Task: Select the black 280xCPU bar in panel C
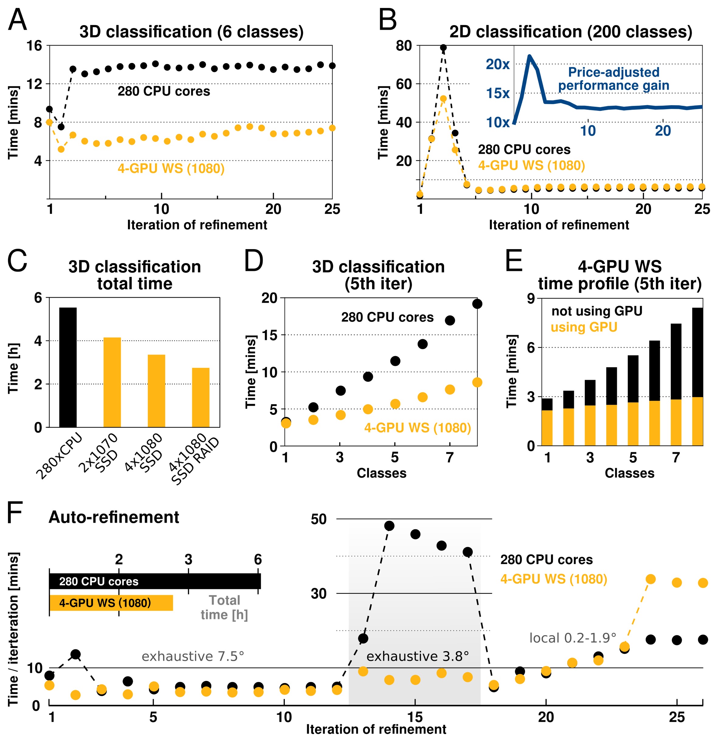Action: [x=68, y=367]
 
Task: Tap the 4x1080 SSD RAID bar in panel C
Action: [x=201, y=397]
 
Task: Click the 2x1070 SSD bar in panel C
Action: [x=112, y=382]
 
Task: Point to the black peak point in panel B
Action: [x=443, y=48]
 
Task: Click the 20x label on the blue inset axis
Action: [x=498, y=64]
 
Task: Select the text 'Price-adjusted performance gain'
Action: [x=613, y=79]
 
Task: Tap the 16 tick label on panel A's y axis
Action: [x=34, y=46]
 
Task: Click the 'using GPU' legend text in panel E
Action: [x=584, y=327]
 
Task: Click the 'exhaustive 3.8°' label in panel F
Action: [x=417, y=656]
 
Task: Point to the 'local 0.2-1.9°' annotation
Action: [x=573, y=638]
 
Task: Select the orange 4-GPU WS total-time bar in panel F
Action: [x=111, y=603]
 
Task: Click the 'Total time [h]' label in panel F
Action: [x=224, y=607]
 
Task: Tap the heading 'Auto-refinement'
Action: [x=114, y=517]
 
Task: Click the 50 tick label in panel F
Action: [x=319, y=519]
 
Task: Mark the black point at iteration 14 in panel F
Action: [x=389, y=526]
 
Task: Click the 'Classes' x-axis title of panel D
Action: [x=381, y=473]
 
